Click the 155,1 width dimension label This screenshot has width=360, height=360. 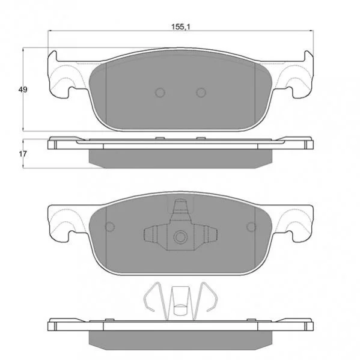tap(181, 27)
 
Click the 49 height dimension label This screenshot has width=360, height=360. tap(23, 90)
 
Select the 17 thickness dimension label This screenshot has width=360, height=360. tap(23, 154)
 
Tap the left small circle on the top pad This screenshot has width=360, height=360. tap(160, 93)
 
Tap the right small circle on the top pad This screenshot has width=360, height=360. tap(201, 93)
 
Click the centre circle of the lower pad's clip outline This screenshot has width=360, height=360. tap(180, 237)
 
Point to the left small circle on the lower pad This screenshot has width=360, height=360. tap(110, 227)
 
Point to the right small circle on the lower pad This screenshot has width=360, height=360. tap(251, 227)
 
